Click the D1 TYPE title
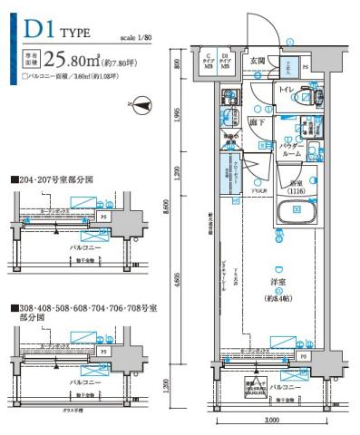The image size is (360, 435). (56, 30)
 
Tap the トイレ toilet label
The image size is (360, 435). (287, 91)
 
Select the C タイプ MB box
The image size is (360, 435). (208, 61)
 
